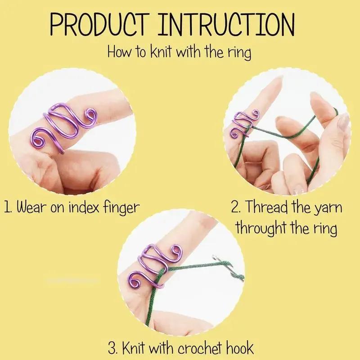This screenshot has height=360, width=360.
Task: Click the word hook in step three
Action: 241,347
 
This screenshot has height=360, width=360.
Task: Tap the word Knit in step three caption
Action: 137,347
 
